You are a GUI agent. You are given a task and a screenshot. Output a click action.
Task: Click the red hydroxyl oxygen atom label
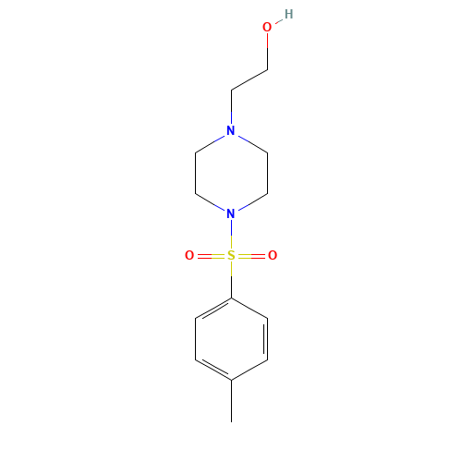click(267, 28)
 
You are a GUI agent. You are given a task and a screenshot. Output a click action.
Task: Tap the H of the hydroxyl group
click(288, 15)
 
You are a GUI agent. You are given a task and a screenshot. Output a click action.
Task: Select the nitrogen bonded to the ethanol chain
click(231, 131)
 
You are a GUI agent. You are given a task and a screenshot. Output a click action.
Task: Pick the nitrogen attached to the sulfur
click(231, 213)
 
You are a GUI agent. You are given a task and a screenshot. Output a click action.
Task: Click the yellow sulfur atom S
click(231, 256)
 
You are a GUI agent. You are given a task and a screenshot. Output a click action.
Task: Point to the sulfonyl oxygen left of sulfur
click(189, 256)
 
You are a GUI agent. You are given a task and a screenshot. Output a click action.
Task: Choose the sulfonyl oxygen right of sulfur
click(273, 256)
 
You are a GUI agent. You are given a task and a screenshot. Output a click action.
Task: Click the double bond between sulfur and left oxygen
click(210, 256)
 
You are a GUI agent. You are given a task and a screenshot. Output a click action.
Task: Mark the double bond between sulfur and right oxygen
click(252, 256)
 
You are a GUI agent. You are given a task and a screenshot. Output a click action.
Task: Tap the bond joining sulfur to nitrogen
click(231, 235)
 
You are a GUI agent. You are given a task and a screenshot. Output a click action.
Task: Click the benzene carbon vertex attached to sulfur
click(231, 298)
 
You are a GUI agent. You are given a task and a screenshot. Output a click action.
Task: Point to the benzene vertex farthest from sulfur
click(231, 380)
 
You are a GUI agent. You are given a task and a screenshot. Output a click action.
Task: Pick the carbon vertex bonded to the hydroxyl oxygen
click(267, 69)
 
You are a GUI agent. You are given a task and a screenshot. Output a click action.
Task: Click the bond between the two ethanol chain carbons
click(249, 79)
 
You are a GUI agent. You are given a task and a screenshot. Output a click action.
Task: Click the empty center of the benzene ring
click(231, 339)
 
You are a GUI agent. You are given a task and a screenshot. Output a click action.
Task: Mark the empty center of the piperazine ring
click(231, 173)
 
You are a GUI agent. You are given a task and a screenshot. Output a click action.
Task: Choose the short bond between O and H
click(278, 21)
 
